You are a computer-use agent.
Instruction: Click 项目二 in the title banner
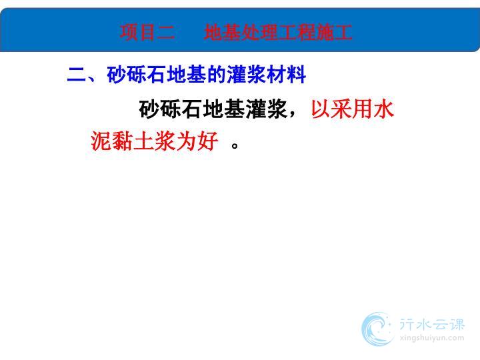[x=147, y=32]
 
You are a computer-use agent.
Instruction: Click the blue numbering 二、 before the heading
[x=82, y=75]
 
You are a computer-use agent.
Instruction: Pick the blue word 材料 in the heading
[x=286, y=75]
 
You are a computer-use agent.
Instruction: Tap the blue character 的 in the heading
[x=216, y=75]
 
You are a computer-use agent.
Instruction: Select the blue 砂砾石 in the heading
[x=137, y=75]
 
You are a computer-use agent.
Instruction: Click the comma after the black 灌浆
[x=293, y=114]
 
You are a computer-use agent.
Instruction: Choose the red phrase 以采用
[x=341, y=109]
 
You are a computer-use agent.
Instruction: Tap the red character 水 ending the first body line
[x=383, y=109]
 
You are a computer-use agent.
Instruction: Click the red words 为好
[x=197, y=141]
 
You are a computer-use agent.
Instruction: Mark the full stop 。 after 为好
[x=235, y=145]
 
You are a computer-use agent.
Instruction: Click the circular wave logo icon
[x=377, y=329]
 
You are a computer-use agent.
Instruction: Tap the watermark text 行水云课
[x=432, y=325]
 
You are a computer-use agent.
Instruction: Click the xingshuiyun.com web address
[x=432, y=338]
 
